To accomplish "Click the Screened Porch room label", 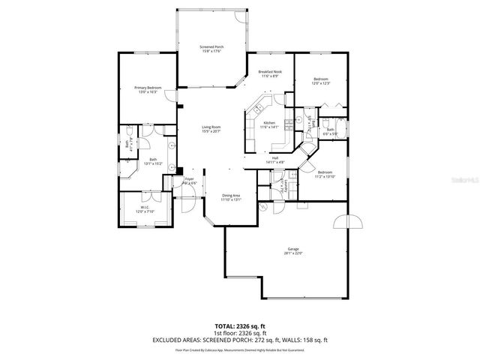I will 211,47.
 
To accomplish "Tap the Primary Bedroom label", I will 148,88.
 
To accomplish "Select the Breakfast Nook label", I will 269,71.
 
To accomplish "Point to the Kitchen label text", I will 268,122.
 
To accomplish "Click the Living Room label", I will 211,127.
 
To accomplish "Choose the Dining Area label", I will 231,196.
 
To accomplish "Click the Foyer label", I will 189,179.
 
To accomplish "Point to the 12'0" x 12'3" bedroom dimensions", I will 321,83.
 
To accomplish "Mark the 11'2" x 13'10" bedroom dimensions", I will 324,176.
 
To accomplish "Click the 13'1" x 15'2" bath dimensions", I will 154,163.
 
